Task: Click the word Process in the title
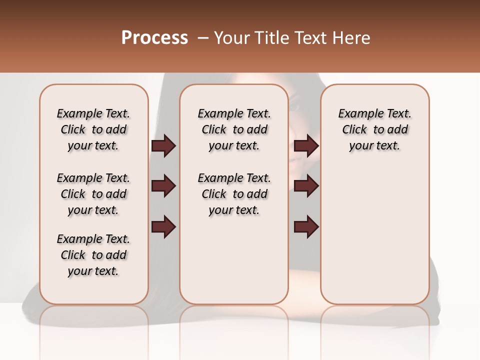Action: pyautogui.click(x=154, y=38)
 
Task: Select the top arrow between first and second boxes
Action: pyautogui.click(x=163, y=146)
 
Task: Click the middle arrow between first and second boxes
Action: pyautogui.click(x=163, y=186)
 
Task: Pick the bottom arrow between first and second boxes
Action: pyautogui.click(x=163, y=226)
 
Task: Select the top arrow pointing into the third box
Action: pyautogui.click(x=306, y=146)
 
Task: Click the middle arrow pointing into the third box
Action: pyautogui.click(x=306, y=186)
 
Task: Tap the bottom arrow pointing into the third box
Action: pyautogui.click(x=306, y=226)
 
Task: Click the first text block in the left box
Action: pyautogui.click(x=93, y=129)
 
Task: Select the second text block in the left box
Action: pyautogui.click(x=93, y=194)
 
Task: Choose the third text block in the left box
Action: pyautogui.click(x=93, y=255)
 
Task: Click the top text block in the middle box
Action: pyautogui.click(x=234, y=129)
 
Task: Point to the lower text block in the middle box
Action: pyautogui.click(x=234, y=194)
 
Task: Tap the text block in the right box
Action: pyautogui.click(x=374, y=129)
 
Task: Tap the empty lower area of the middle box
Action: pyautogui.click(x=234, y=260)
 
